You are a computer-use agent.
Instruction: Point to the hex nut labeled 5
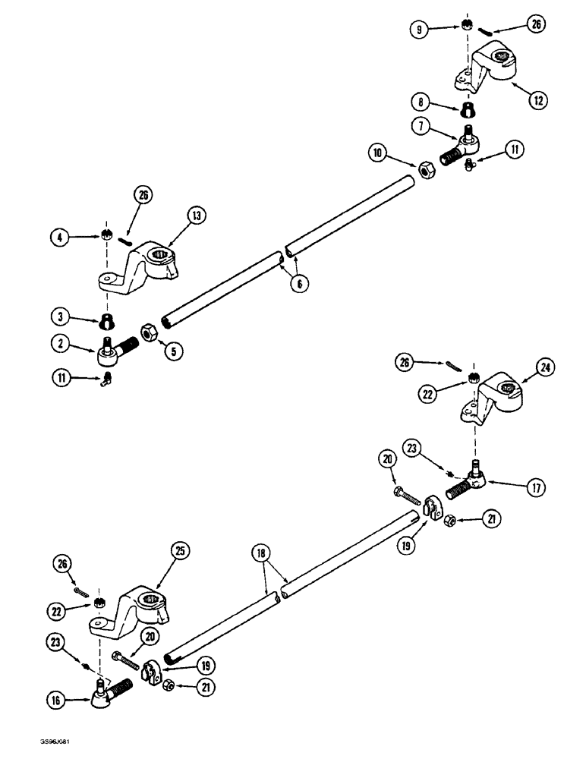coord(147,332)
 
